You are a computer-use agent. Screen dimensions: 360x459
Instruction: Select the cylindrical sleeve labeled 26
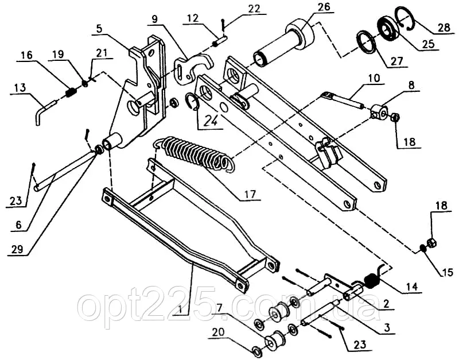click(286, 43)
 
